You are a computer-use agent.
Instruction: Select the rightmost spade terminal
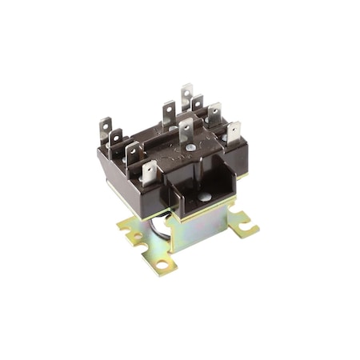click(234, 131)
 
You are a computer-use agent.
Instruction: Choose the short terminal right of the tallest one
click(198, 106)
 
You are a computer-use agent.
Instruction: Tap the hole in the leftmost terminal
click(105, 125)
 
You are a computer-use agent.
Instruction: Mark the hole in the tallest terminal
click(186, 91)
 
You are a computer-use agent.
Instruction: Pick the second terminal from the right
click(214, 114)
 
